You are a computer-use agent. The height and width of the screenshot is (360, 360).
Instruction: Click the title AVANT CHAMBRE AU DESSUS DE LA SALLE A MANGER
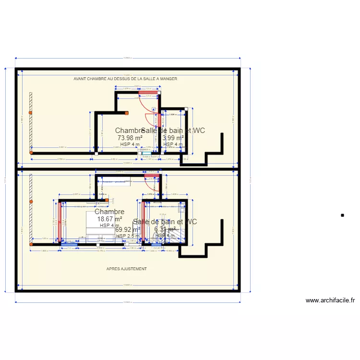(125, 79)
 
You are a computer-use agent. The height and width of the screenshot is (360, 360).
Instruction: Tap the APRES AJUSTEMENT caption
(127, 269)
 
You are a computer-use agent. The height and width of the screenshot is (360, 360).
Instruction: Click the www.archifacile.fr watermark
(330, 301)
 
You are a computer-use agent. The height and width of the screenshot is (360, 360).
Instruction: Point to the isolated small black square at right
(342, 216)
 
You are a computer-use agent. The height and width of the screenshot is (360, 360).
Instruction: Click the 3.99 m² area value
(173, 138)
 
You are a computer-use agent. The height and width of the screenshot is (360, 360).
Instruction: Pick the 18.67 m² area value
(109, 219)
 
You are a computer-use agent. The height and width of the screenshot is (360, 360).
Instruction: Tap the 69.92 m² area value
(128, 230)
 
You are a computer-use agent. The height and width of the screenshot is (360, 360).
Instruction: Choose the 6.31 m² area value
(165, 230)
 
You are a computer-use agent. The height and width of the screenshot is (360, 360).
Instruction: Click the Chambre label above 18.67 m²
(109, 212)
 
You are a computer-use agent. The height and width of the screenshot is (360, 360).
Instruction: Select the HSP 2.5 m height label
(128, 236)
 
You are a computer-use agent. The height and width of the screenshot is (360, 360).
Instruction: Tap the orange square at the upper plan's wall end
(127, 113)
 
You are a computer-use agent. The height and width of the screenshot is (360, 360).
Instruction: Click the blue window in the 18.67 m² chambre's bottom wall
(67, 244)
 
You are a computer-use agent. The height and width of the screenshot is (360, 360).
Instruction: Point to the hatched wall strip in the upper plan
(30, 120)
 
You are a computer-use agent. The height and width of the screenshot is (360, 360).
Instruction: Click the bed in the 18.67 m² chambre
(98, 226)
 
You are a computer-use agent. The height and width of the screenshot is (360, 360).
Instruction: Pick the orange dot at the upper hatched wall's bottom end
(31, 153)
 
